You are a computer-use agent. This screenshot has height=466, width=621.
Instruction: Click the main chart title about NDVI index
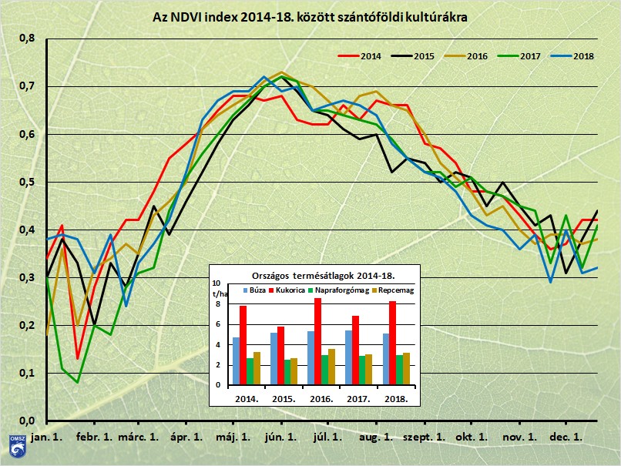point(310,15)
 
